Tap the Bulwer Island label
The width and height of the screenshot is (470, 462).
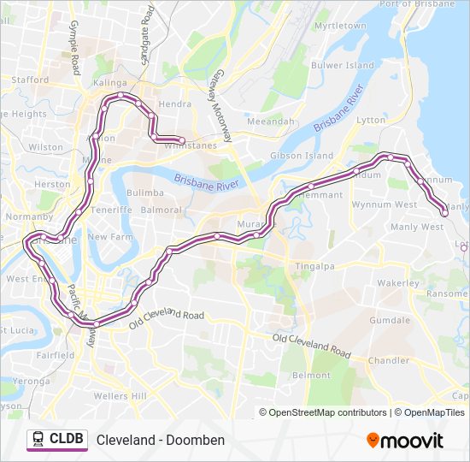343,65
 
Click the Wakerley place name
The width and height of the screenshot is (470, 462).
398,282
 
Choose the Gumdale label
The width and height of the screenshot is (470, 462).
390,320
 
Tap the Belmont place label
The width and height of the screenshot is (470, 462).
311,376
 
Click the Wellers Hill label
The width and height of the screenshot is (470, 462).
120,396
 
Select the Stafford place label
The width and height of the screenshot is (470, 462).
30,80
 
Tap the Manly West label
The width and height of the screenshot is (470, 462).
417,227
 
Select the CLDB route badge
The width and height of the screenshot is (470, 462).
57,440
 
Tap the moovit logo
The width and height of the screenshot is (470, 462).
405,440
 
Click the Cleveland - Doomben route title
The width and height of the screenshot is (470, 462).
161,440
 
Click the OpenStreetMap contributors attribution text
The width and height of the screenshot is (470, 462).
328,412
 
